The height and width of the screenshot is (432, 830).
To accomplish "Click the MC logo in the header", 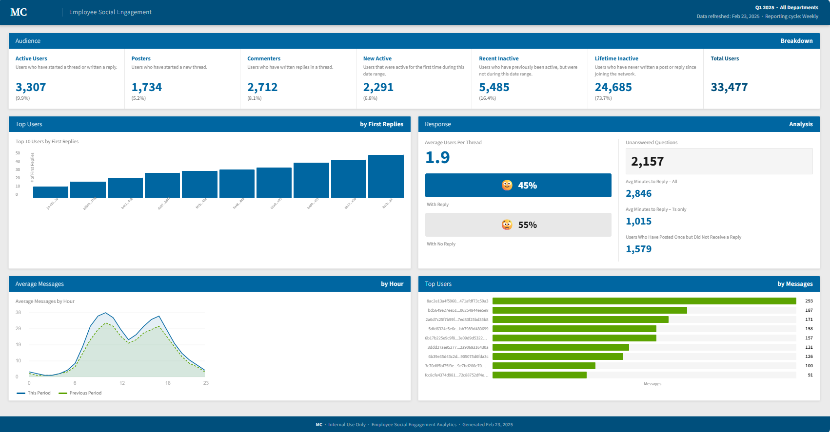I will [x=19, y=12].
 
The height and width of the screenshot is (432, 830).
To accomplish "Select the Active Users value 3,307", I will [x=31, y=87].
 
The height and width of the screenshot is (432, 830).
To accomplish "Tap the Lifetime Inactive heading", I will [x=616, y=58].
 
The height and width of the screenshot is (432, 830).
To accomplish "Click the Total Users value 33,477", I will [x=729, y=87].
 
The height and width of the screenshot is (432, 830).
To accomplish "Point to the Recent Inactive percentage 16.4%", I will [x=487, y=98].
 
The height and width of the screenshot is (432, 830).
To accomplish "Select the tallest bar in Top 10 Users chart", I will [x=386, y=176].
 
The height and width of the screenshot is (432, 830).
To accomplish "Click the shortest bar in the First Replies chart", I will [x=51, y=192].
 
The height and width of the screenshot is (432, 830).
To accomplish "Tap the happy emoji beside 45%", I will [x=507, y=186].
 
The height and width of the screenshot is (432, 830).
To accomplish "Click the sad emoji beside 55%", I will [x=507, y=225].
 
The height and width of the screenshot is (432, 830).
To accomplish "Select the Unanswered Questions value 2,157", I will [x=648, y=162].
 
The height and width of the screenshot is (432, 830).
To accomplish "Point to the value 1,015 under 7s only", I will [x=639, y=221].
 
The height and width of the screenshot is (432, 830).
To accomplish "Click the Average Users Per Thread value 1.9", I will [x=437, y=157].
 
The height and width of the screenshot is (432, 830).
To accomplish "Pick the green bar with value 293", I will [x=644, y=301].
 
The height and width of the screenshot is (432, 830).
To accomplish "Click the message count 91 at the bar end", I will [x=810, y=375].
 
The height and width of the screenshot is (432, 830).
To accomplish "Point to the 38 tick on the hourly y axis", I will [x=19, y=312].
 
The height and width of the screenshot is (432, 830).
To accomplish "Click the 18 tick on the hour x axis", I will [x=168, y=383].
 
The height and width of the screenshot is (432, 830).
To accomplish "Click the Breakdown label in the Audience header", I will [x=796, y=41].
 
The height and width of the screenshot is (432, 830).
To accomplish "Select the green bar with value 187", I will [x=590, y=310].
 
